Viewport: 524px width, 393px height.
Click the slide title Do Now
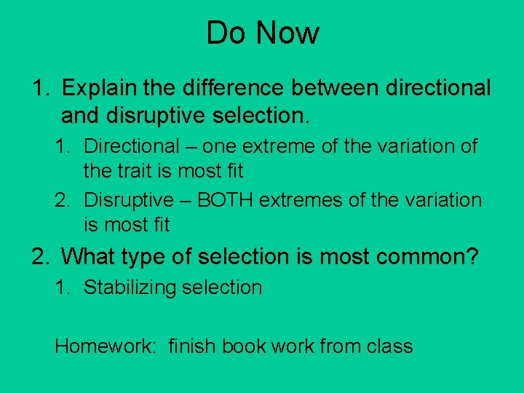click(263, 33)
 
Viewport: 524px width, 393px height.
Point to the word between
click(332, 88)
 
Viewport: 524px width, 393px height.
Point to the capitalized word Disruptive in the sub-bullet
click(129, 199)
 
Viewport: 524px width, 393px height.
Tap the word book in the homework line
click(244, 346)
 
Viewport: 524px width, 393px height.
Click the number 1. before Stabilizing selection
click(64, 287)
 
